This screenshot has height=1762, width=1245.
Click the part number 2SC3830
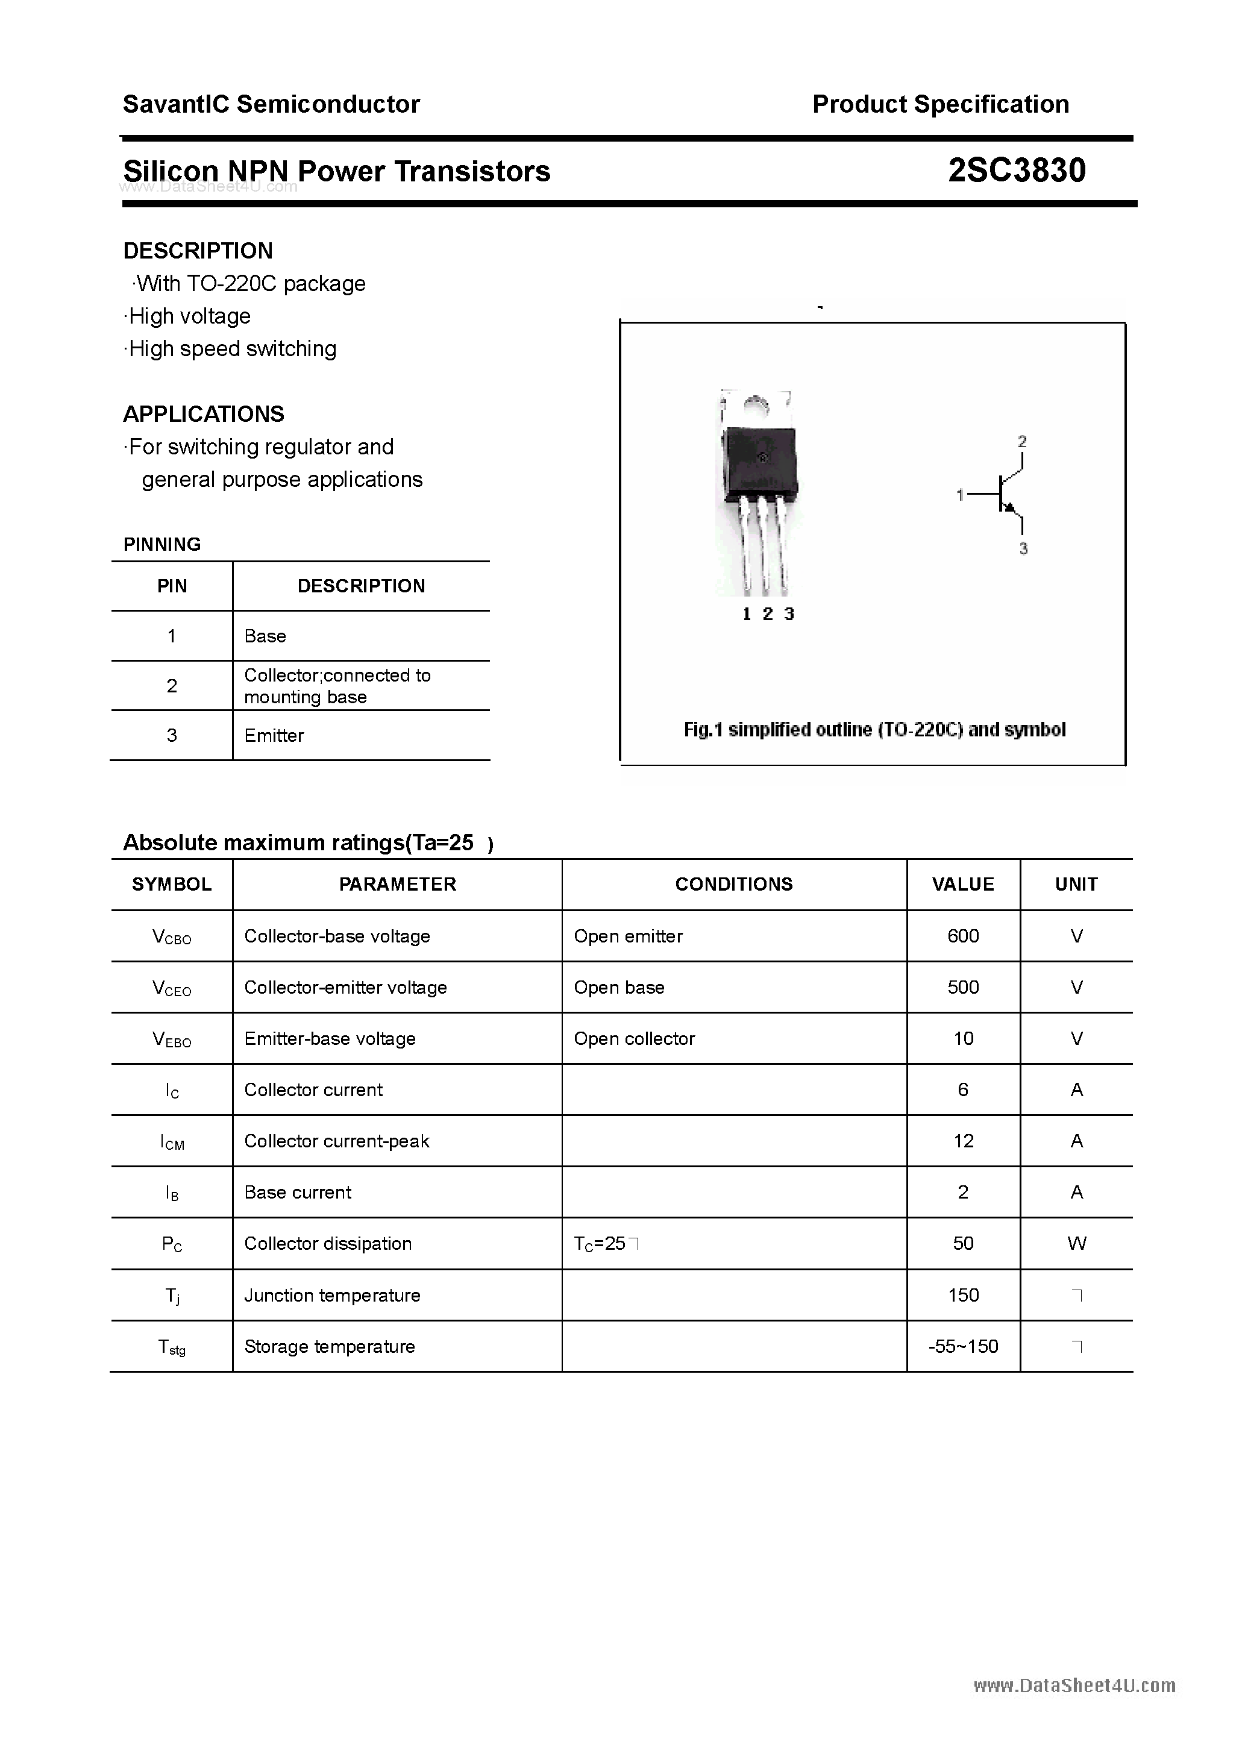(x=1016, y=171)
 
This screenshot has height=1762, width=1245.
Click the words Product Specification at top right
(x=940, y=104)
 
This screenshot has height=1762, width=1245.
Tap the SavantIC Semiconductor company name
(x=271, y=104)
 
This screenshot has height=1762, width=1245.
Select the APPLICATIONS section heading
(x=204, y=415)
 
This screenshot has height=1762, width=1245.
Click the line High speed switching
(x=232, y=349)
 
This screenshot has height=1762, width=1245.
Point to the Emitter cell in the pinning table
(x=274, y=736)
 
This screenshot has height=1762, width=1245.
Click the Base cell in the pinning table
(x=265, y=636)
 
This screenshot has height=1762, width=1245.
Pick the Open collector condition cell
(x=634, y=1038)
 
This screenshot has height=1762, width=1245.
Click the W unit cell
(x=1076, y=1243)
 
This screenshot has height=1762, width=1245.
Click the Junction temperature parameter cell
(x=333, y=1296)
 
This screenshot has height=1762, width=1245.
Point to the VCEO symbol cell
(x=172, y=988)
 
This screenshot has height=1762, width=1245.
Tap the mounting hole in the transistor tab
(x=757, y=404)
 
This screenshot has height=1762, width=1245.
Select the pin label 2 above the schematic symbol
(x=1021, y=442)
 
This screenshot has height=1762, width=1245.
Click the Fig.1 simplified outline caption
(x=874, y=730)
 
